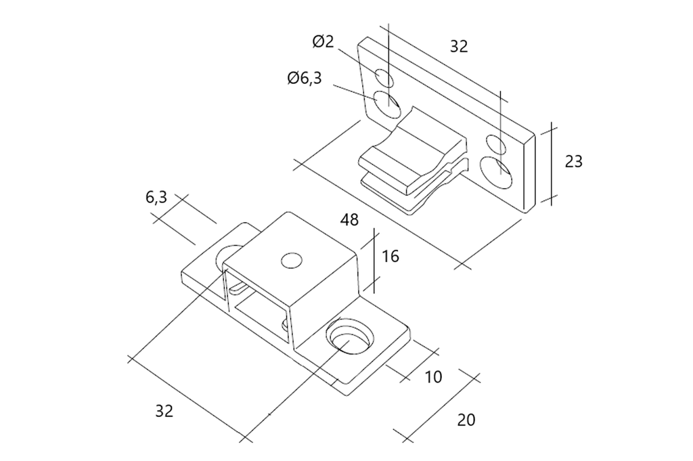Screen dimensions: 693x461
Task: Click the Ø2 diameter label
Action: coord(323,41)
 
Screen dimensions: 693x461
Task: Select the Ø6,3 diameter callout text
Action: coord(305,79)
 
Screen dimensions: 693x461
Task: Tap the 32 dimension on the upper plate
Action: coord(459,47)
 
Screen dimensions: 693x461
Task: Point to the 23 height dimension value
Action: coord(574,161)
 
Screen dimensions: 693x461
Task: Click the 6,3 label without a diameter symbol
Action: coord(156,197)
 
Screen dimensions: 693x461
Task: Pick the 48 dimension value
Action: coord(349,220)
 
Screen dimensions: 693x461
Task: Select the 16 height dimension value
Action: coord(390,256)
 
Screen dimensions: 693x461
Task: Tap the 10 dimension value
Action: coord(434,377)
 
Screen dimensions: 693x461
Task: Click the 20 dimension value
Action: coord(466,420)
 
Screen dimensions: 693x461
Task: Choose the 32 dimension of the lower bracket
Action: coord(164,411)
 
